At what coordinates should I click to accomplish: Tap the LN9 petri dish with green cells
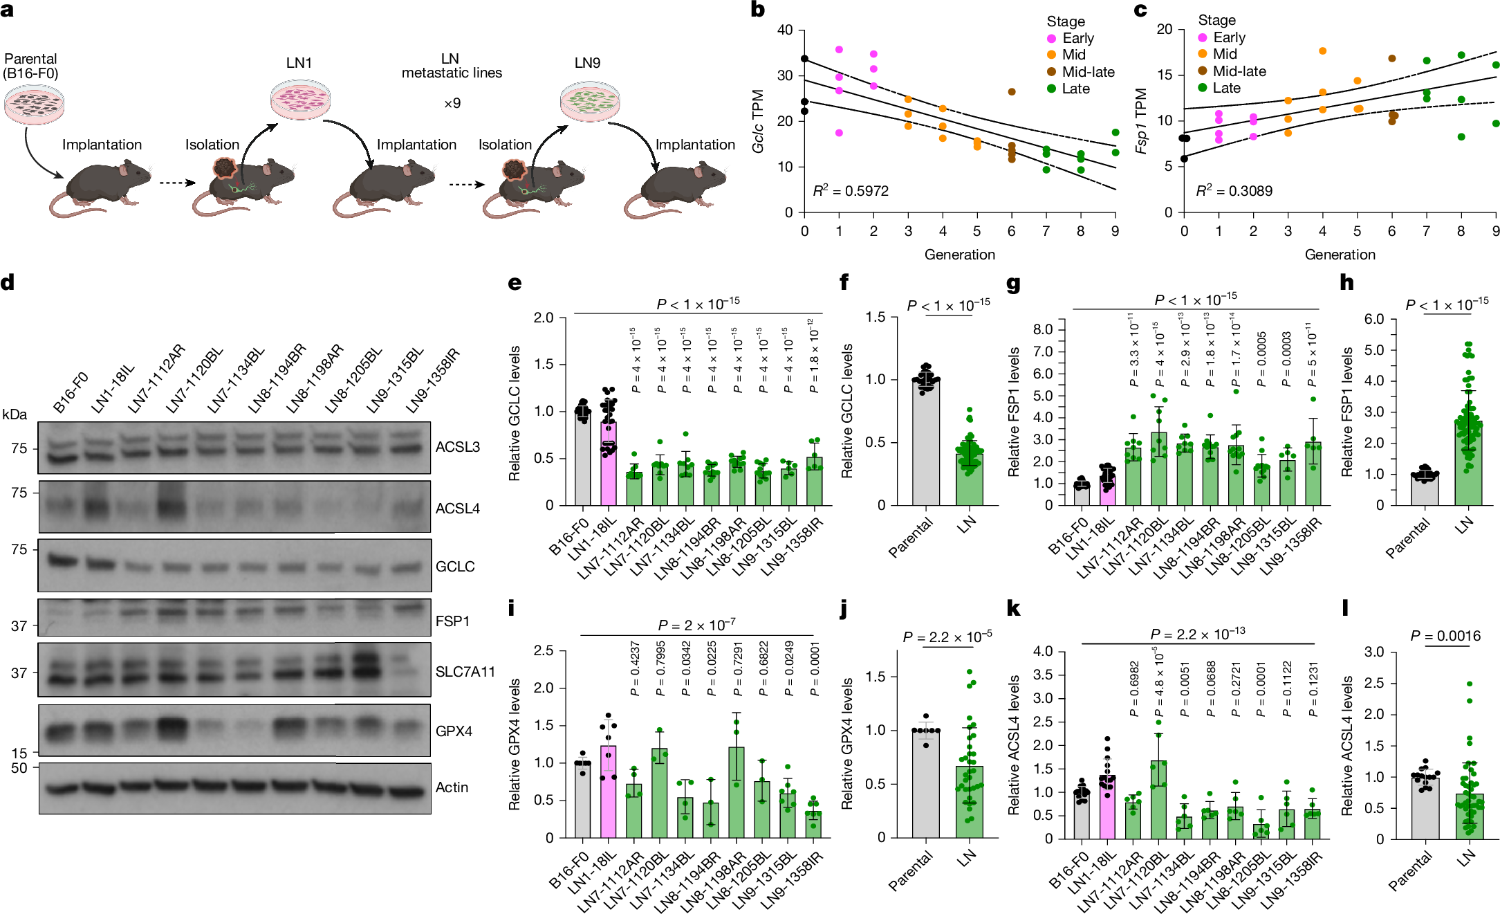[x=589, y=100]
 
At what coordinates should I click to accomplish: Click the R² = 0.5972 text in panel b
[x=851, y=191]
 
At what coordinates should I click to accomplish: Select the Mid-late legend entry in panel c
[x=1239, y=71]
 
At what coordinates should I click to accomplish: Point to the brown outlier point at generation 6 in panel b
[x=1012, y=91]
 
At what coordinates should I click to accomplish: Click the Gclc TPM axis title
[x=758, y=121]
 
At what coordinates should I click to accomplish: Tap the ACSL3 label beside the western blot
[x=457, y=447]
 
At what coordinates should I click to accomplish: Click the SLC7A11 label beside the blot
[x=465, y=672]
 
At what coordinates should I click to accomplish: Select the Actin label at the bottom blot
[x=452, y=787]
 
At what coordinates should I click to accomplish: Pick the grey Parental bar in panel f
[x=925, y=443]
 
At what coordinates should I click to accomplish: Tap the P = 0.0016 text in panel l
[x=1445, y=636]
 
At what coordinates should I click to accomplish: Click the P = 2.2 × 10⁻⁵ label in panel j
[x=947, y=637]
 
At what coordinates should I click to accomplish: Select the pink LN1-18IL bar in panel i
[x=609, y=792]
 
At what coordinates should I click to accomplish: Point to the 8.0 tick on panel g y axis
[x=1043, y=329]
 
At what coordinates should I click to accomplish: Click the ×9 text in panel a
[x=452, y=103]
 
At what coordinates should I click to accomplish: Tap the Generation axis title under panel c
[x=1340, y=255]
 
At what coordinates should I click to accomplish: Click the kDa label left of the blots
[x=15, y=414]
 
